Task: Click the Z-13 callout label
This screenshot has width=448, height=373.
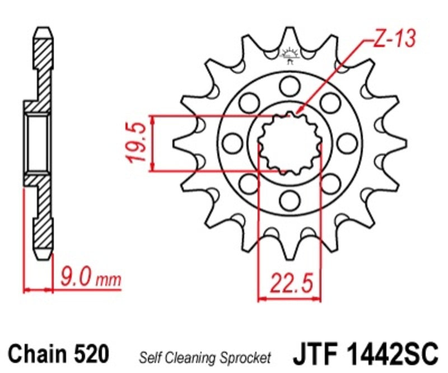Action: (394, 39)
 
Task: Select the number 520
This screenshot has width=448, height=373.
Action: (89, 353)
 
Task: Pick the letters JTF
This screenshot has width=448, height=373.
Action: (312, 354)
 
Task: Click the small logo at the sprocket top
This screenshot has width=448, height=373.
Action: (290, 55)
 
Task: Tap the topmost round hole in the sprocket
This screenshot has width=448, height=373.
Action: (290, 85)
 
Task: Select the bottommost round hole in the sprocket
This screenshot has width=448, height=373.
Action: (290, 199)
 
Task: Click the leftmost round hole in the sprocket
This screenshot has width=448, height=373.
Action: (232, 142)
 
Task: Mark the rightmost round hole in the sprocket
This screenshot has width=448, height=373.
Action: (347, 142)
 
